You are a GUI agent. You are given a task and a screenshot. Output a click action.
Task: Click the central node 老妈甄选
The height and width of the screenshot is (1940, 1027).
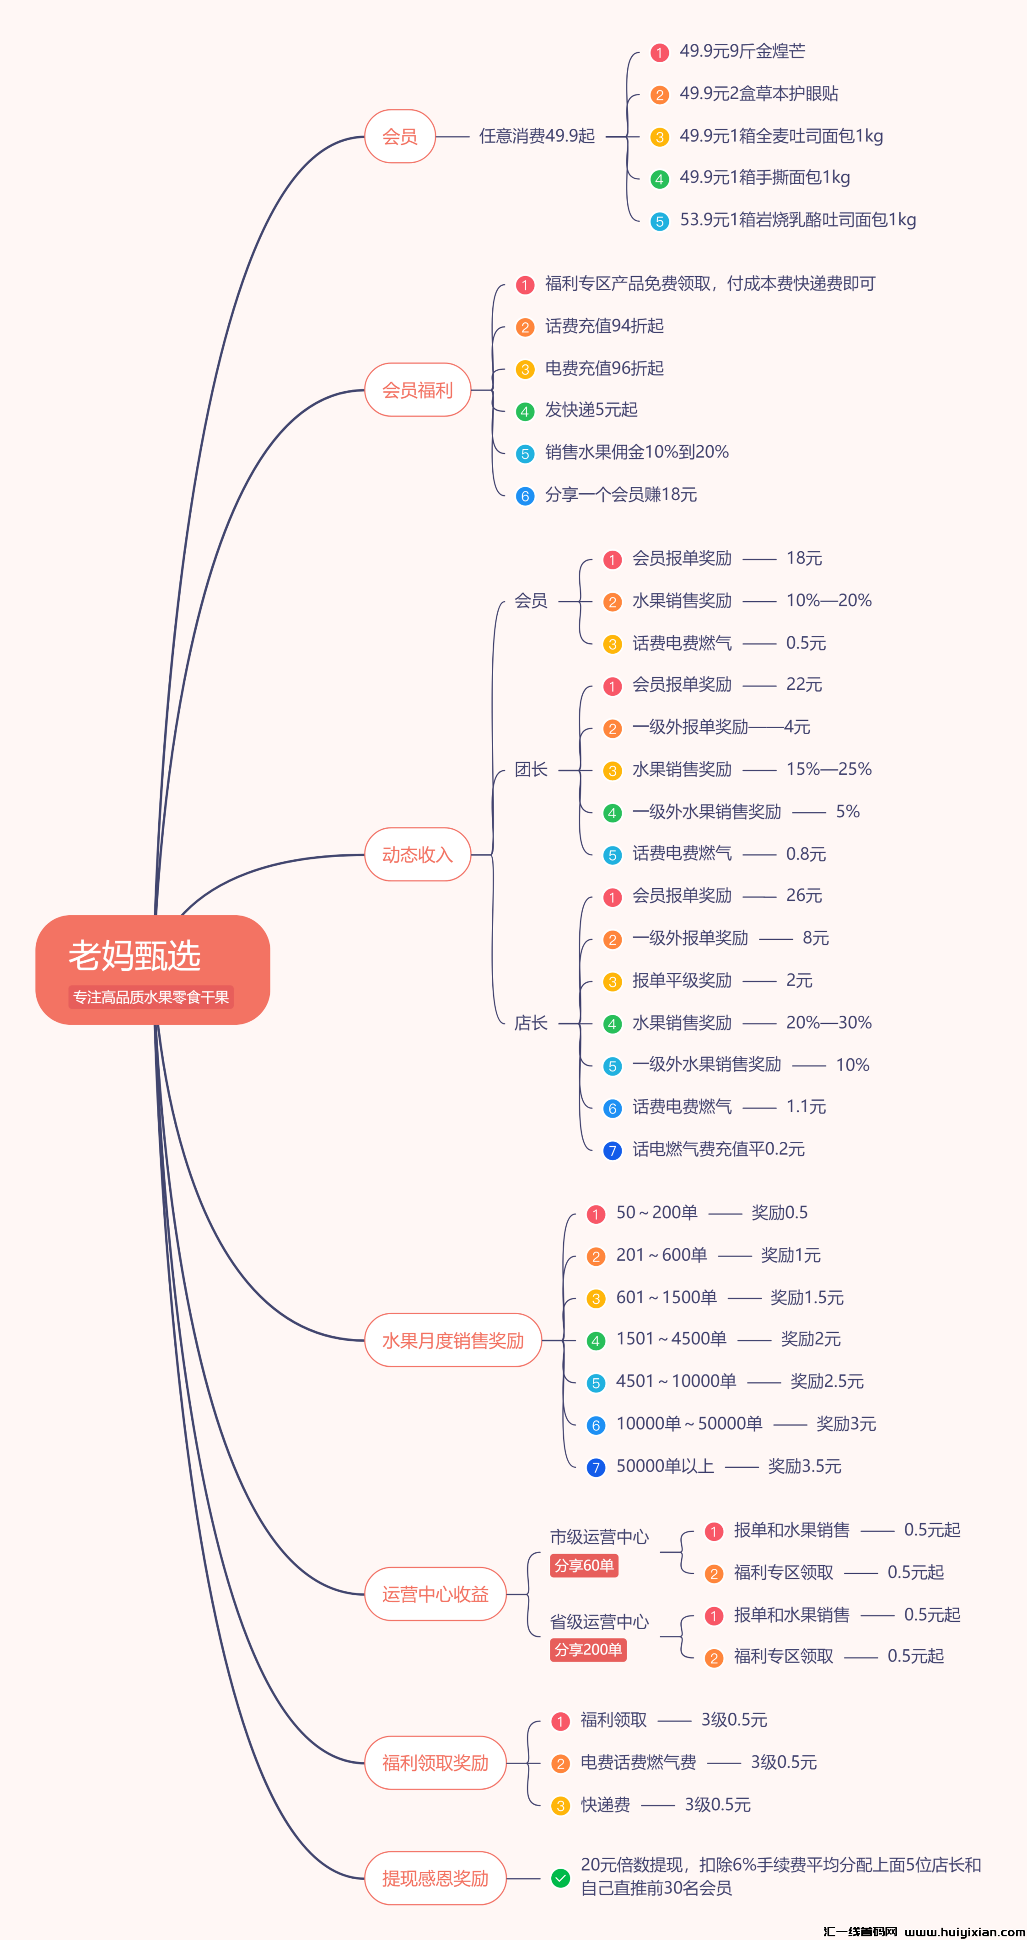click(135, 956)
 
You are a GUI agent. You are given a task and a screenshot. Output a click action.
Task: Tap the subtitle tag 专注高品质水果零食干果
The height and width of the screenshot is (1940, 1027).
click(151, 997)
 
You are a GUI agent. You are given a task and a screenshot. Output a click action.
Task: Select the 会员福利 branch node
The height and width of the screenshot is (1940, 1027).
click(417, 390)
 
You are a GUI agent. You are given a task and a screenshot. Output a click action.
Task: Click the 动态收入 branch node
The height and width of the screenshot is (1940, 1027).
click(417, 855)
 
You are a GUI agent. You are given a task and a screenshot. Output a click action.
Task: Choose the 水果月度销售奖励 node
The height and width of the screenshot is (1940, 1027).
click(453, 1341)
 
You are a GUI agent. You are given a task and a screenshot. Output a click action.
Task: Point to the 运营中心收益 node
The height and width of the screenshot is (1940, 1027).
click(436, 1594)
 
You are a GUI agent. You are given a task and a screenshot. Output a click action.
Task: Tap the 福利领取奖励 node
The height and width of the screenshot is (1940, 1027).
click(436, 1763)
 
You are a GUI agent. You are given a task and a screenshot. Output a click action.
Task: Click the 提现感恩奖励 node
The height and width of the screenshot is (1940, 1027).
click(436, 1878)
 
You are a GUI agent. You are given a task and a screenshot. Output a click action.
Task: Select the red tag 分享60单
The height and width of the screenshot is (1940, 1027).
click(584, 1566)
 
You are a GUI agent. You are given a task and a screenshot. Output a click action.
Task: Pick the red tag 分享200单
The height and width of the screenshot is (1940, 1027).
click(588, 1650)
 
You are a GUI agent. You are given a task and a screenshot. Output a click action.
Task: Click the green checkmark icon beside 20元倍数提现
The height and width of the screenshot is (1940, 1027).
click(560, 1878)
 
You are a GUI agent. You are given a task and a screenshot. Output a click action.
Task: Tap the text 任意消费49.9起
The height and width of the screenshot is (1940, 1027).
click(537, 136)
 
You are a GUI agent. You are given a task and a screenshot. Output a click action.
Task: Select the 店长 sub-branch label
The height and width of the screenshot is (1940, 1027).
click(531, 1023)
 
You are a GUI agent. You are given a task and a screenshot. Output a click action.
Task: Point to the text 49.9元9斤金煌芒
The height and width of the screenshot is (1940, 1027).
click(742, 51)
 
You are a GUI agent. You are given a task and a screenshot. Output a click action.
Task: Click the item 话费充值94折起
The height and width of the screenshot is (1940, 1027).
click(604, 326)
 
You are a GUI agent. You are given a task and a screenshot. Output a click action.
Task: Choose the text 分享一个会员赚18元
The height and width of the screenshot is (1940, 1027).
click(621, 495)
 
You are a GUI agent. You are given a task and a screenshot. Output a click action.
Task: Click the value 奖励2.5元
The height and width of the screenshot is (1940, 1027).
click(827, 1381)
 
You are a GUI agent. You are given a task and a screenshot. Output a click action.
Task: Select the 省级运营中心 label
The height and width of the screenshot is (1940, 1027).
click(599, 1621)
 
